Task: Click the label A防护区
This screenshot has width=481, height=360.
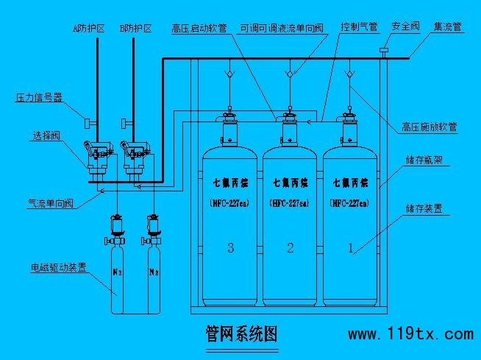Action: coord(89,29)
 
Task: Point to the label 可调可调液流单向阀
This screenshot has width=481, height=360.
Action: coord(282,29)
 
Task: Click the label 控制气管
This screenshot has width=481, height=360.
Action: coord(359,27)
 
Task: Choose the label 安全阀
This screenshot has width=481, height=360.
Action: coord(405,27)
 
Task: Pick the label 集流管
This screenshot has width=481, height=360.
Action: coord(448,27)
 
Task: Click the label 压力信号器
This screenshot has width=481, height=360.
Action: coord(39,96)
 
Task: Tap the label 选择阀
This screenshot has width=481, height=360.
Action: coord(47,136)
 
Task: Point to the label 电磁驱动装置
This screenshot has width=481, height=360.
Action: coord(59,267)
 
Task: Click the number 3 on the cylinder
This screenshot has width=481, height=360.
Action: coord(231,248)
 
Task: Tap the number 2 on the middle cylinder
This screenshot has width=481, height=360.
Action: coord(290,248)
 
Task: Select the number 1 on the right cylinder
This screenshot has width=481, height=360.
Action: coord(350,248)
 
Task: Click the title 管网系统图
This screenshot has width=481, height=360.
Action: coord(241,333)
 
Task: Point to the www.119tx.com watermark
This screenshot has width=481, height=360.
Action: coord(410,334)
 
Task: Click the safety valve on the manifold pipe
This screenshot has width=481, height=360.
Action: coord(384,52)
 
